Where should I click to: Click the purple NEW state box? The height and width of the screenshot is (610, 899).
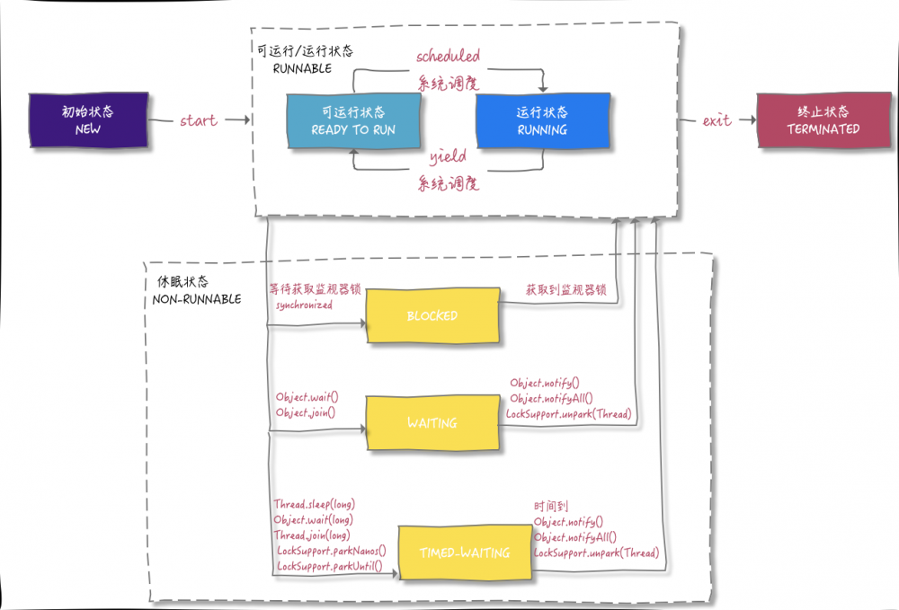[x=87, y=120]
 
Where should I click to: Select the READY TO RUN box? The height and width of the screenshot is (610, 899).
[x=353, y=120]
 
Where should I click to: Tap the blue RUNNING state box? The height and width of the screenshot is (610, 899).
[x=541, y=120]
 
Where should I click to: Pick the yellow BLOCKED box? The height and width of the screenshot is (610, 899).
[x=432, y=316]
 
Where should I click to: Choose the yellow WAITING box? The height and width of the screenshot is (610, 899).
[x=432, y=422]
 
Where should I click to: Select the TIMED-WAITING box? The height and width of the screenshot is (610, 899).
[x=465, y=553]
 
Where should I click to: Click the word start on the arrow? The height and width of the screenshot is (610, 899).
[x=199, y=120]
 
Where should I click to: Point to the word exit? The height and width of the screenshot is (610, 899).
[x=717, y=120]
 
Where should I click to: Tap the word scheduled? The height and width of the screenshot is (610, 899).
[x=448, y=57]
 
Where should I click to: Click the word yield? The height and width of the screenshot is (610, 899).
[x=447, y=157]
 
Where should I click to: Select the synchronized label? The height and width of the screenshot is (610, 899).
[x=304, y=305]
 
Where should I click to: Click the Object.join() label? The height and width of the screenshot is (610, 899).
[x=306, y=412]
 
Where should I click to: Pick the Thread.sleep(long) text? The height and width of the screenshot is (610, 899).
[x=314, y=505]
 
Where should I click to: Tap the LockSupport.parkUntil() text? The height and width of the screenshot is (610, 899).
[x=329, y=566]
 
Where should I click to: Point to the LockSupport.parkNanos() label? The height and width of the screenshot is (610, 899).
[x=331, y=551]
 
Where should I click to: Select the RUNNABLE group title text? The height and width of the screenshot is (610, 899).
[x=302, y=68]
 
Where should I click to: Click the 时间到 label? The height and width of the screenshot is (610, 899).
[x=551, y=507]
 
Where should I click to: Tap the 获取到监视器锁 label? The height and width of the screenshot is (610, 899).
[x=565, y=290]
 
